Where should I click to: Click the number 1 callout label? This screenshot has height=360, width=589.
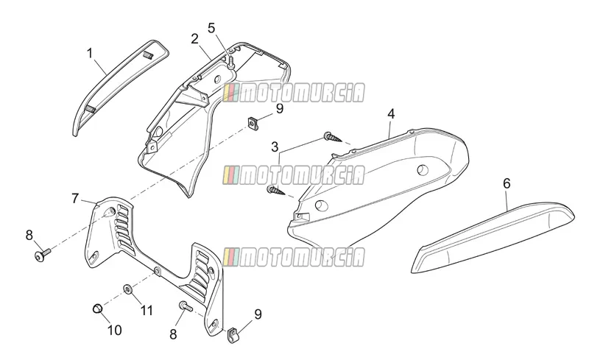pos(90,53)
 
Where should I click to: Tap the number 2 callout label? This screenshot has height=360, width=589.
pos(194,39)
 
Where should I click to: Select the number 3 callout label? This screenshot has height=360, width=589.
pos(275,147)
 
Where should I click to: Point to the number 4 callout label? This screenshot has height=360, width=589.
pos(391,114)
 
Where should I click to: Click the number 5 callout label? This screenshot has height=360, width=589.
pos(211,28)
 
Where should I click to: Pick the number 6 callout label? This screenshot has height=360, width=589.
pos(507,183)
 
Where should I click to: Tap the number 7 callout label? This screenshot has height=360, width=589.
pos(75,199)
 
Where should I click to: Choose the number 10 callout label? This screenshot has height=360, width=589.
pos(115,330)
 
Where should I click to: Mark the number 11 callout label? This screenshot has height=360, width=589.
pos(147,311)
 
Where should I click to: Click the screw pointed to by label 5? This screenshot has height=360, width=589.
pos(230,63)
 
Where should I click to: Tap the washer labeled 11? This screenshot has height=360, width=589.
pos(128,289)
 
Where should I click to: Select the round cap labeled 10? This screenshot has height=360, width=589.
pos(97,308)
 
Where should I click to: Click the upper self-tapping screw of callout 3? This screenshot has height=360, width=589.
pos(333,137)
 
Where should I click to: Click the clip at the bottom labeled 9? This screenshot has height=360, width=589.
pos(233,336)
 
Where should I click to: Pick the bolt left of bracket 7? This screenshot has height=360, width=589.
pos(42,254)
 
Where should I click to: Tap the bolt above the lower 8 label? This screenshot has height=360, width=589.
pos(186,306)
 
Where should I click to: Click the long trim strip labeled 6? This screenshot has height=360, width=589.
pos(493,237)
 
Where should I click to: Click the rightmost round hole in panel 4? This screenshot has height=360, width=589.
pos(423,170)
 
